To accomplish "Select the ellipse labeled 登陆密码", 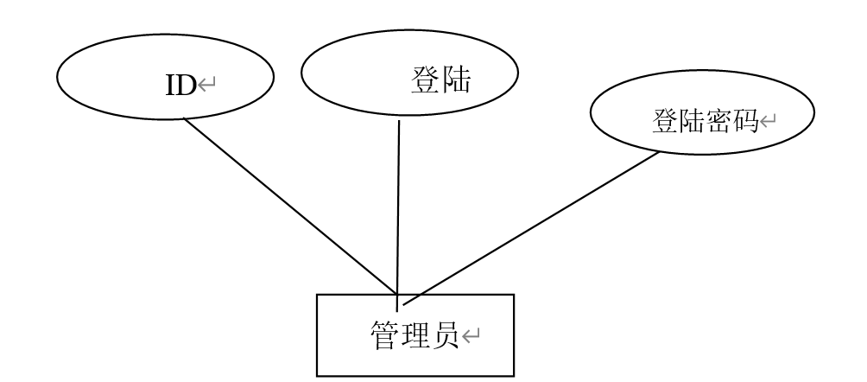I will coord(622,121).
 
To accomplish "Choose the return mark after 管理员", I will coord(476,334).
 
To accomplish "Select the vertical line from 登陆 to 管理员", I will coord(398,207).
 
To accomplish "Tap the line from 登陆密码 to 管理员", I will coord(531,229).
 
